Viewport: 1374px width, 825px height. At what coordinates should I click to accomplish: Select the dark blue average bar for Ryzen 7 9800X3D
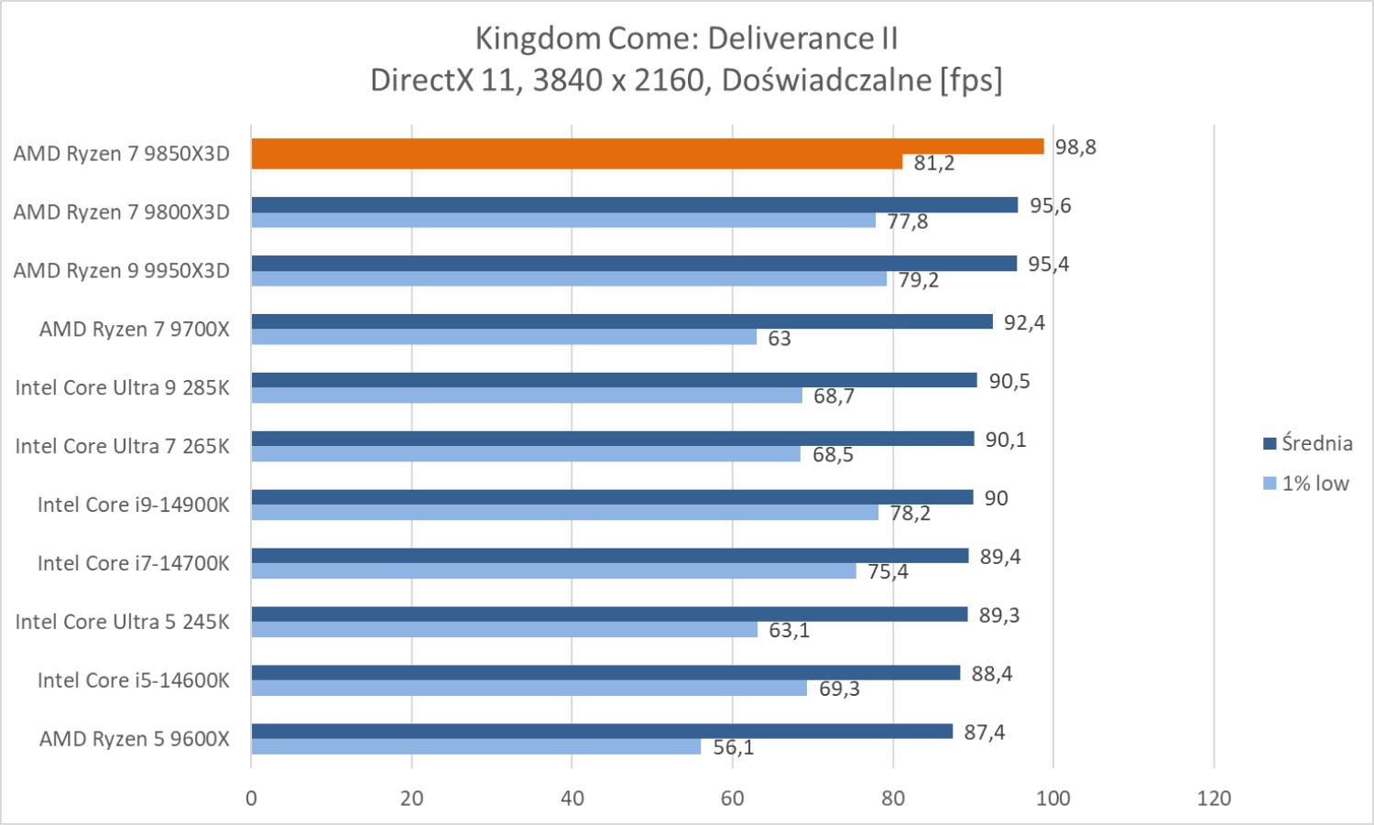[x=634, y=205]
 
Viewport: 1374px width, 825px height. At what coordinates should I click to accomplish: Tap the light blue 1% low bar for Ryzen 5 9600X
[x=475, y=747]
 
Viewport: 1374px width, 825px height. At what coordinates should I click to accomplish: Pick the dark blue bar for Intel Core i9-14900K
[x=612, y=497]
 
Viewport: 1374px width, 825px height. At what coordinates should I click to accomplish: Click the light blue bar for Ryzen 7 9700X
[x=504, y=337]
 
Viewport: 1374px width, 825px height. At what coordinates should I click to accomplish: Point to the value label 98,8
[x=1075, y=147]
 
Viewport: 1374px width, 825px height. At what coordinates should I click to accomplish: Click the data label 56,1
[x=733, y=747]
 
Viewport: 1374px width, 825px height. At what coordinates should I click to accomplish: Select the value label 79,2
[x=918, y=279]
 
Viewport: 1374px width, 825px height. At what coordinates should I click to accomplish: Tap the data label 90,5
[x=1009, y=381]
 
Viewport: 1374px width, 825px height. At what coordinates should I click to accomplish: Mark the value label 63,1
[x=789, y=630]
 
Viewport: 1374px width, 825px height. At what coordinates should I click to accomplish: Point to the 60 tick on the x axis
[x=732, y=798]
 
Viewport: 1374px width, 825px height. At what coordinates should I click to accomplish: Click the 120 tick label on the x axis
[x=1214, y=798]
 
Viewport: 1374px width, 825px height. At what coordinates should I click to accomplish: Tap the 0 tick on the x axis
[x=251, y=798]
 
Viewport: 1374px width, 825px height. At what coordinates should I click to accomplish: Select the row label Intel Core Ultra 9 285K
[x=122, y=387]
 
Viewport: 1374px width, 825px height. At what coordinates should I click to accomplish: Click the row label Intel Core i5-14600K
[x=133, y=680]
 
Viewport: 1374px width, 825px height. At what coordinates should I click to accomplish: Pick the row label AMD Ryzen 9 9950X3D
[x=121, y=271]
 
